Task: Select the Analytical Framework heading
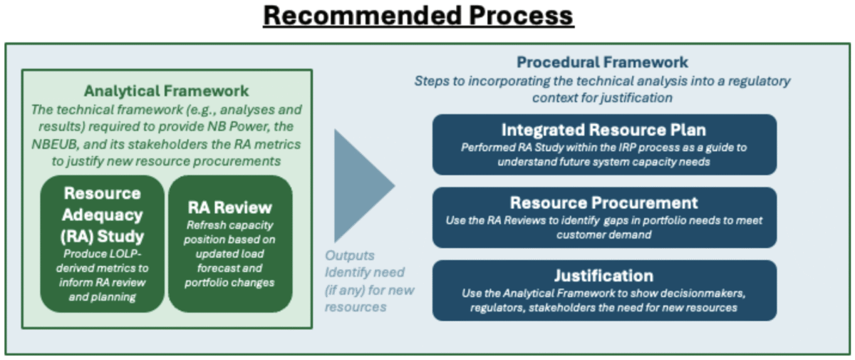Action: [167, 91]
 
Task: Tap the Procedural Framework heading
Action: [602, 63]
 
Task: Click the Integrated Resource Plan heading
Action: [603, 130]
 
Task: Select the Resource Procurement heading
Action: [603, 203]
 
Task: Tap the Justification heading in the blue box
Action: [603, 276]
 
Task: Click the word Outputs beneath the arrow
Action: [350, 255]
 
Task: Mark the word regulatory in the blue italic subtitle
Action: [755, 81]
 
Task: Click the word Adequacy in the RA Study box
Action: [103, 215]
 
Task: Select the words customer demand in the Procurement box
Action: [603, 235]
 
